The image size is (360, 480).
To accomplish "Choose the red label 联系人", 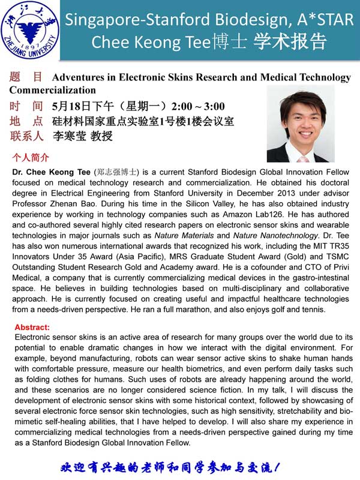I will (x=26, y=136).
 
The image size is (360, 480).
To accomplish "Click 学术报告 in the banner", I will (x=290, y=42).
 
